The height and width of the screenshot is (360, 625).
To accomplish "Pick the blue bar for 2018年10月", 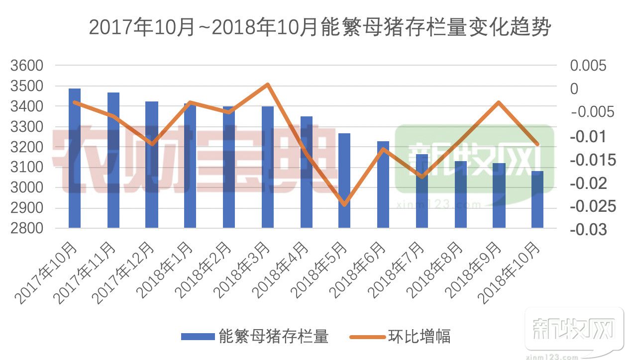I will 537,199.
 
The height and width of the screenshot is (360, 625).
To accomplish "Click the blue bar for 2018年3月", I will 268,167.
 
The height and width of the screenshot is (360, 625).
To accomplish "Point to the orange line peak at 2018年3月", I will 268,84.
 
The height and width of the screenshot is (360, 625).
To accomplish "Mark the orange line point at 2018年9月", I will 499,102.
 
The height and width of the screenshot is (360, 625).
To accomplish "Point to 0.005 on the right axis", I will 589,66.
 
